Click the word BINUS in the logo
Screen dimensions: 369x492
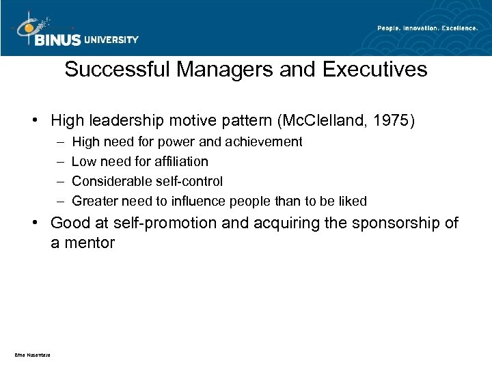click(x=57, y=40)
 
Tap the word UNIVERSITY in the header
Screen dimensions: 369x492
click(x=111, y=40)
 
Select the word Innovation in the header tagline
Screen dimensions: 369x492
click(x=414, y=28)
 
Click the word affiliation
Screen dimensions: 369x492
click(x=182, y=162)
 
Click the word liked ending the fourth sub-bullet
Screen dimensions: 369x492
click(x=353, y=201)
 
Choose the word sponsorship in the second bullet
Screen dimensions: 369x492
click(x=392, y=224)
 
